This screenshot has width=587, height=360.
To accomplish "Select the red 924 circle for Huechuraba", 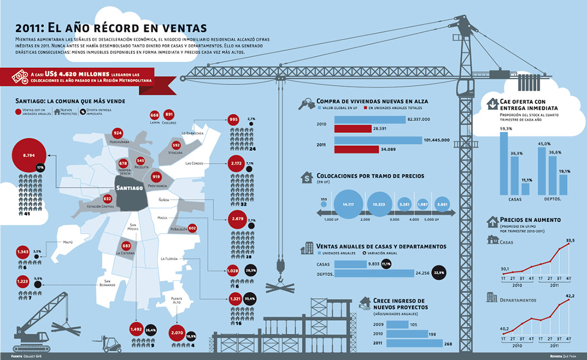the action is click(x=118, y=133).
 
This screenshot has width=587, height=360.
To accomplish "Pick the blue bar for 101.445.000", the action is click(x=378, y=140).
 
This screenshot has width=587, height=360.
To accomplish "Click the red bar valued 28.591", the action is click(x=352, y=129).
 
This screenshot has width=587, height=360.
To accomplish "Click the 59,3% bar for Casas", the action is click(x=504, y=164).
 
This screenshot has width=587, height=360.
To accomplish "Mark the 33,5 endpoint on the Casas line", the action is click(x=569, y=244).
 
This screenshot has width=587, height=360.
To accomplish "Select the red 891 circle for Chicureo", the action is click(x=169, y=115).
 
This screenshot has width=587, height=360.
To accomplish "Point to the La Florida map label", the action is click(x=172, y=259).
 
